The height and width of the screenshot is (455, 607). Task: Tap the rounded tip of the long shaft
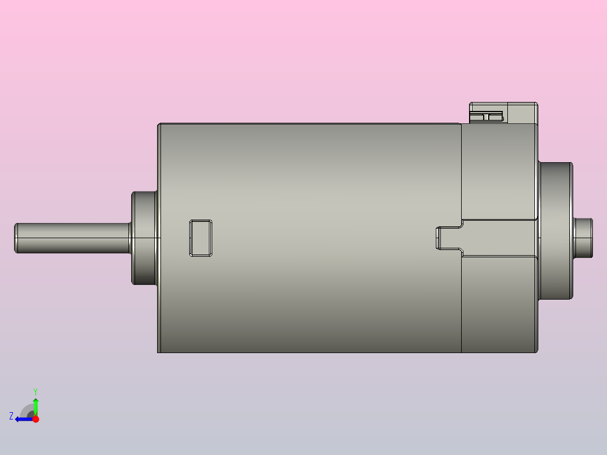pyautogui.click(x=16, y=238)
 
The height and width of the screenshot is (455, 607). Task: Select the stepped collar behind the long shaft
pyautogui.click(x=144, y=238)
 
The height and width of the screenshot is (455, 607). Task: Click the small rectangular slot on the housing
pyautogui.click(x=200, y=238)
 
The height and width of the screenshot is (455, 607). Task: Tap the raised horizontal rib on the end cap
pyautogui.click(x=498, y=238)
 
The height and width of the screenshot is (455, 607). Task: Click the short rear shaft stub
pyautogui.click(x=584, y=238)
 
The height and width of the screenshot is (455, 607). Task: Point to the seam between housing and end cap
pyautogui.click(x=462, y=304)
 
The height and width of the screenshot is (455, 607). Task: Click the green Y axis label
pyautogui.click(x=35, y=391)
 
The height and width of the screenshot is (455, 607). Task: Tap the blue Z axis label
pyautogui.click(x=11, y=416)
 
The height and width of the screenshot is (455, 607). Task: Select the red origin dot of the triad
pyautogui.click(x=35, y=418)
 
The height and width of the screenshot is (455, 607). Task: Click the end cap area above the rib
pyautogui.click(x=498, y=175)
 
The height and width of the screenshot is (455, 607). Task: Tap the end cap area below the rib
pyautogui.click(x=498, y=304)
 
